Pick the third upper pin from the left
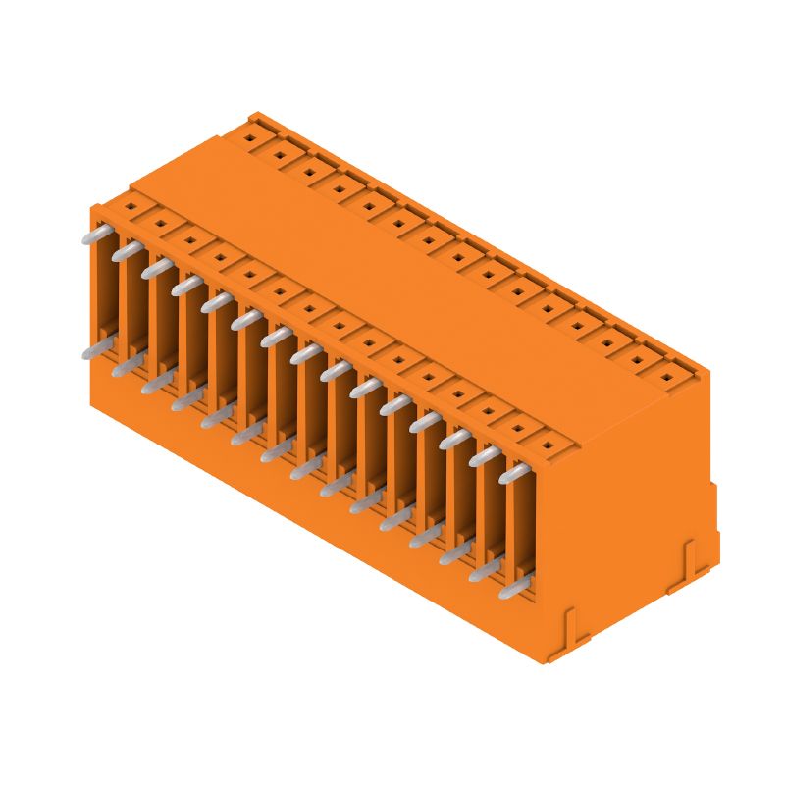[x=156, y=269]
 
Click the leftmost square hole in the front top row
[x=128, y=207]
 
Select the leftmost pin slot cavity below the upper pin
[x=102, y=294]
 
